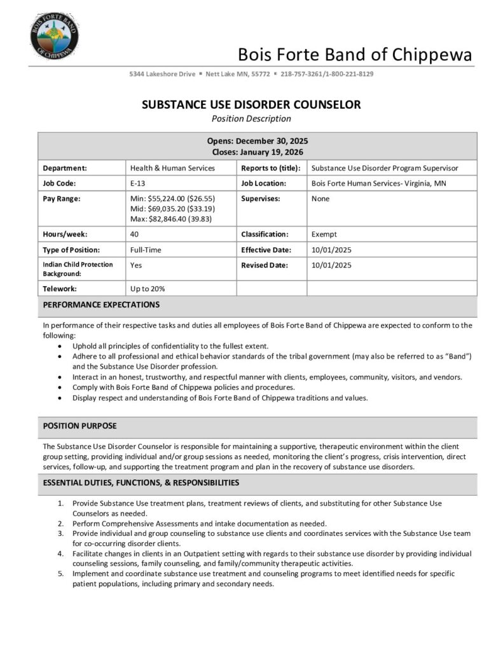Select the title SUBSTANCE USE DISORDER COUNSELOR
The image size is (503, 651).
251,105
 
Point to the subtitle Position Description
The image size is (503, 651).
251,118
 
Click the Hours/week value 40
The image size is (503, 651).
135,234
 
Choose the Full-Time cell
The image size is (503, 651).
146,250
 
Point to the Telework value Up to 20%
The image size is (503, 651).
148,288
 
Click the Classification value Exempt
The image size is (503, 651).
324,234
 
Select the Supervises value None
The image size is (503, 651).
320,198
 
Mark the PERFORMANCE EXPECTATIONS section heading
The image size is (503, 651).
101,305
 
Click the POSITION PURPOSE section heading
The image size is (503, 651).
79,425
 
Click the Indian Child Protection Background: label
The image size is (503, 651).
78,268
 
